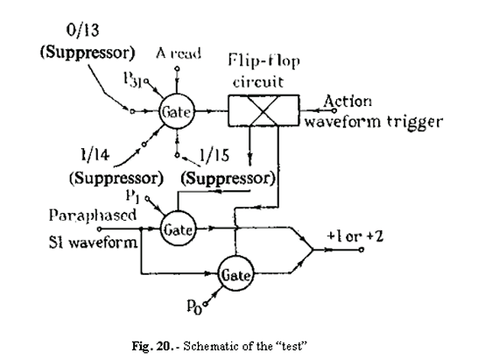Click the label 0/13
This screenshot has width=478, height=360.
coord(80,30)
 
